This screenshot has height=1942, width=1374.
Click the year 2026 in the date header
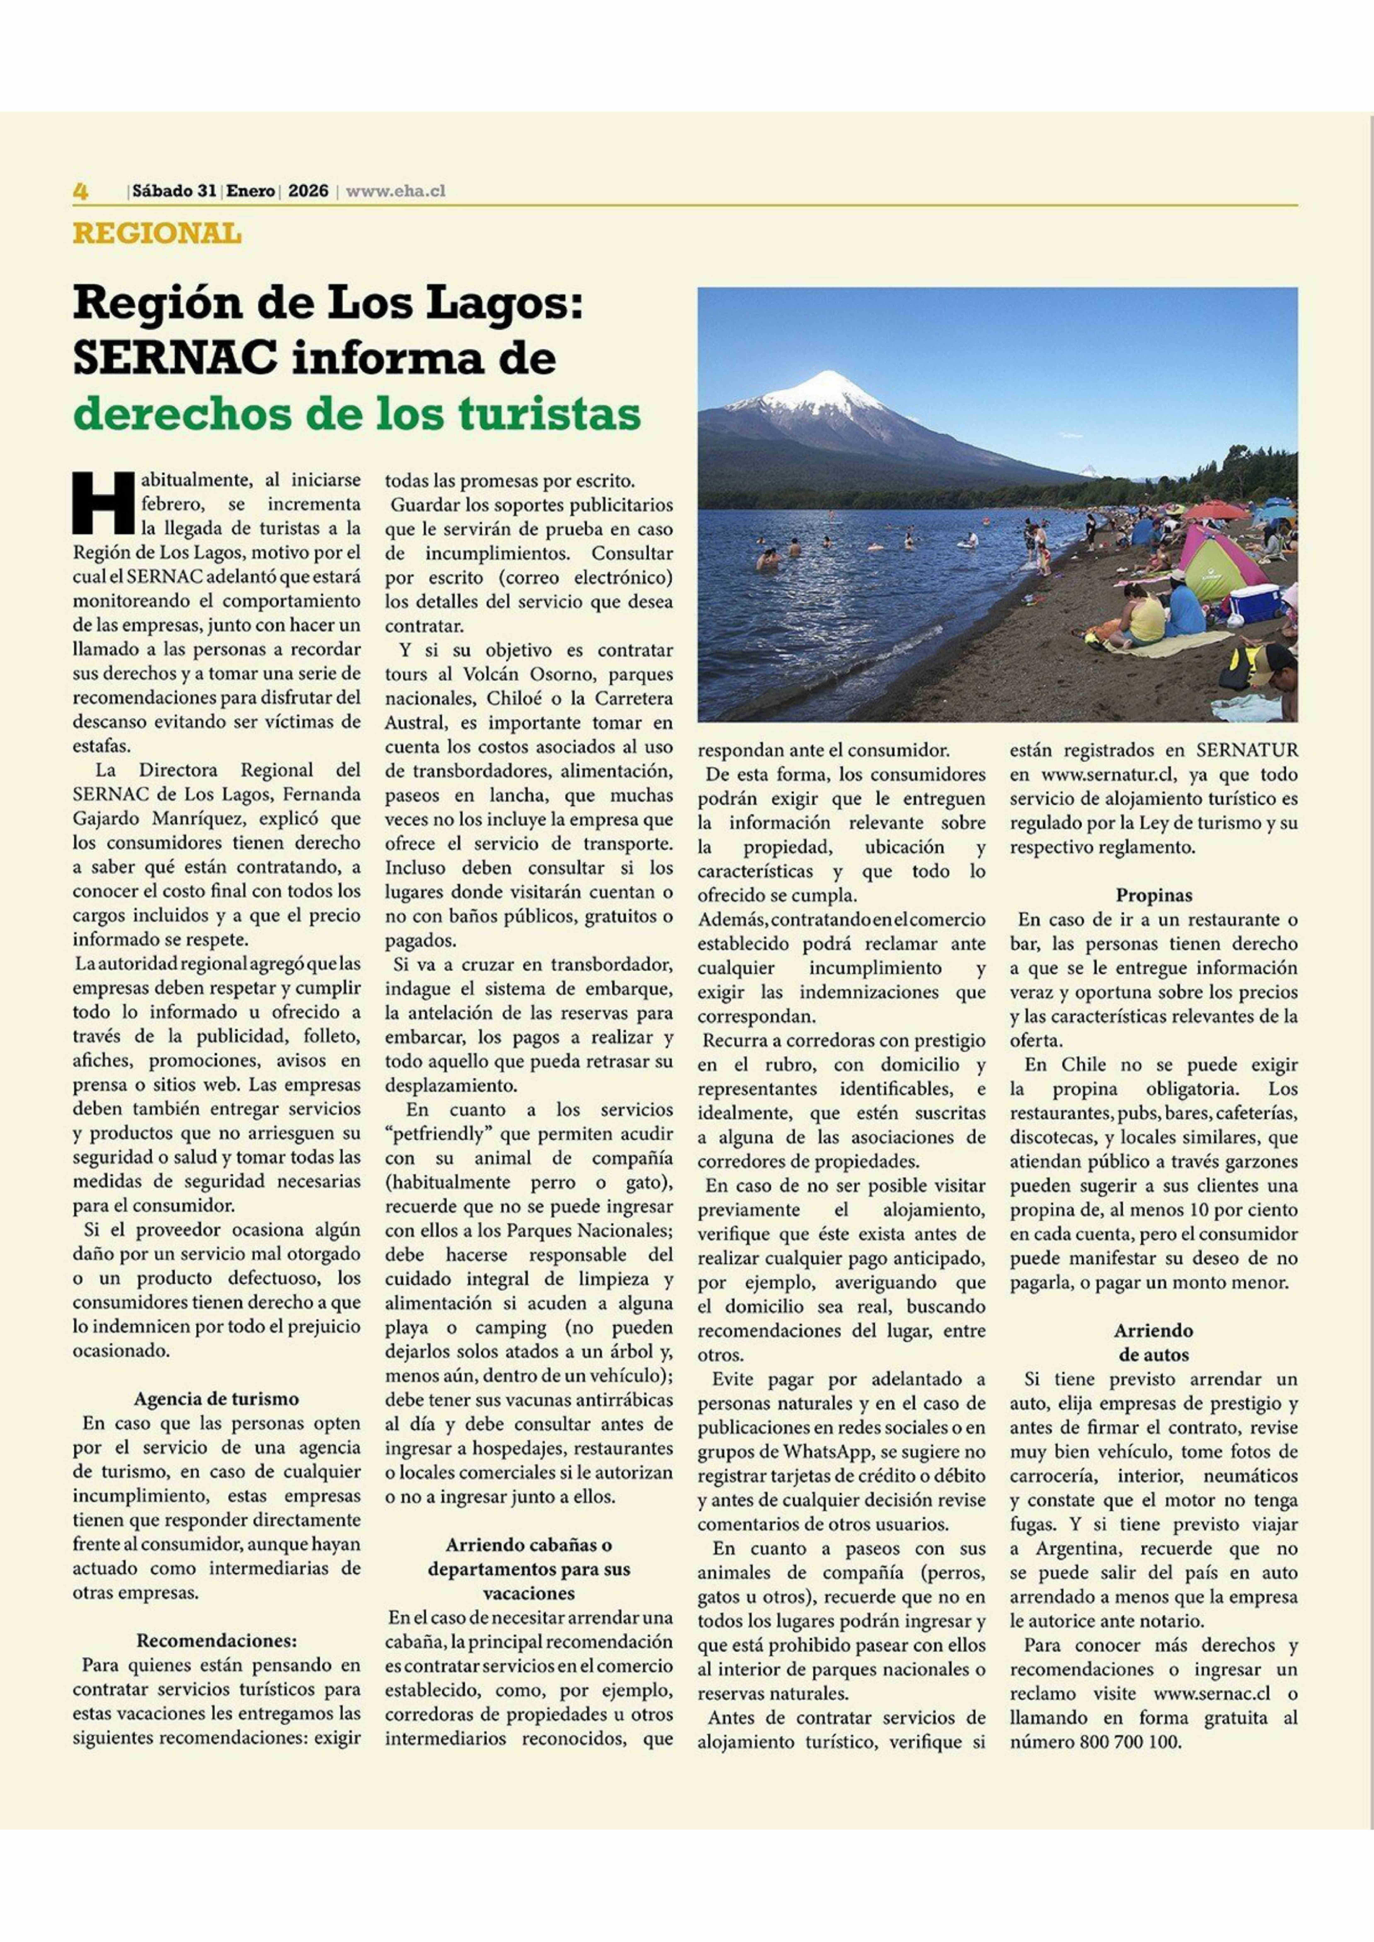308,191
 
